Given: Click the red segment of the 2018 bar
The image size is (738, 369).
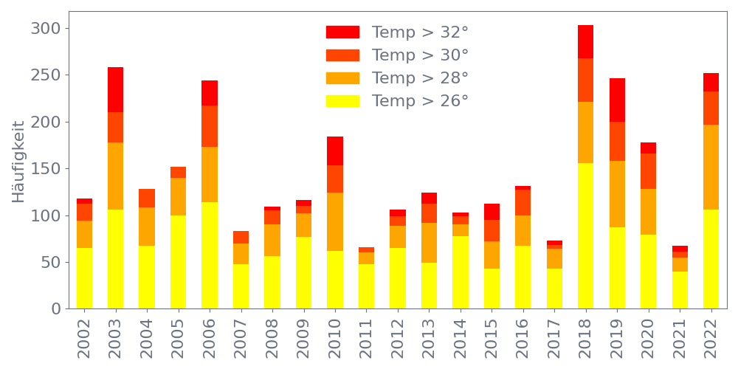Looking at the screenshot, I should click(x=586, y=41).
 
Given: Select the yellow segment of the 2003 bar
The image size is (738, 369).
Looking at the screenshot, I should click(x=116, y=258).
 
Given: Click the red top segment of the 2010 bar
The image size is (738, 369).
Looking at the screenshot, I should click(x=335, y=151).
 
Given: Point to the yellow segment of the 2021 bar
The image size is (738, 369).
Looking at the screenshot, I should click(x=680, y=289).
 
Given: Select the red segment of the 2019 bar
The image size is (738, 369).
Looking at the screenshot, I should click(x=617, y=100).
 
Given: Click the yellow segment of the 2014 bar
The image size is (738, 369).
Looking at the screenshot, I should click(x=461, y=272).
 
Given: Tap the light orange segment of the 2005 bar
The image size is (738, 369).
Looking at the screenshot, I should click(x=179, y=196).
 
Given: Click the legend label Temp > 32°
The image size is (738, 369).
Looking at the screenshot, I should click(x=420, y=32).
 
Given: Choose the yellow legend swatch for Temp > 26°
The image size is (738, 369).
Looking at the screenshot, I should click(x=342, y=101).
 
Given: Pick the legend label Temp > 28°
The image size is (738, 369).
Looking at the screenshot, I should click(x=420, y=78).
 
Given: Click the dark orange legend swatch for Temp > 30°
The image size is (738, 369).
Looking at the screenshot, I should click(x=342, y=55).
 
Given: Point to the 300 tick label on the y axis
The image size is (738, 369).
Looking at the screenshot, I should click(x=45, y=29).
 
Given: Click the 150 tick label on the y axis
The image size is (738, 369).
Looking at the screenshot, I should click(x=45, y=169).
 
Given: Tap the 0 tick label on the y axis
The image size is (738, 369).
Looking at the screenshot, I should click(x=55, y=308).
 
